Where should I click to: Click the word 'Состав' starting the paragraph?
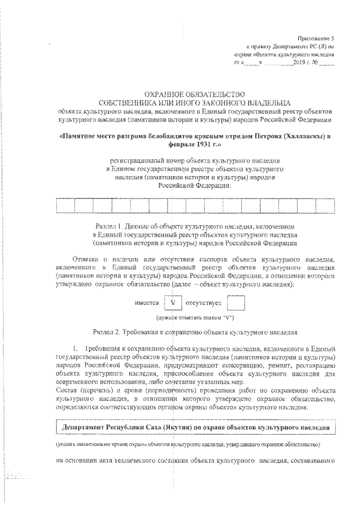pos(69,389)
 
